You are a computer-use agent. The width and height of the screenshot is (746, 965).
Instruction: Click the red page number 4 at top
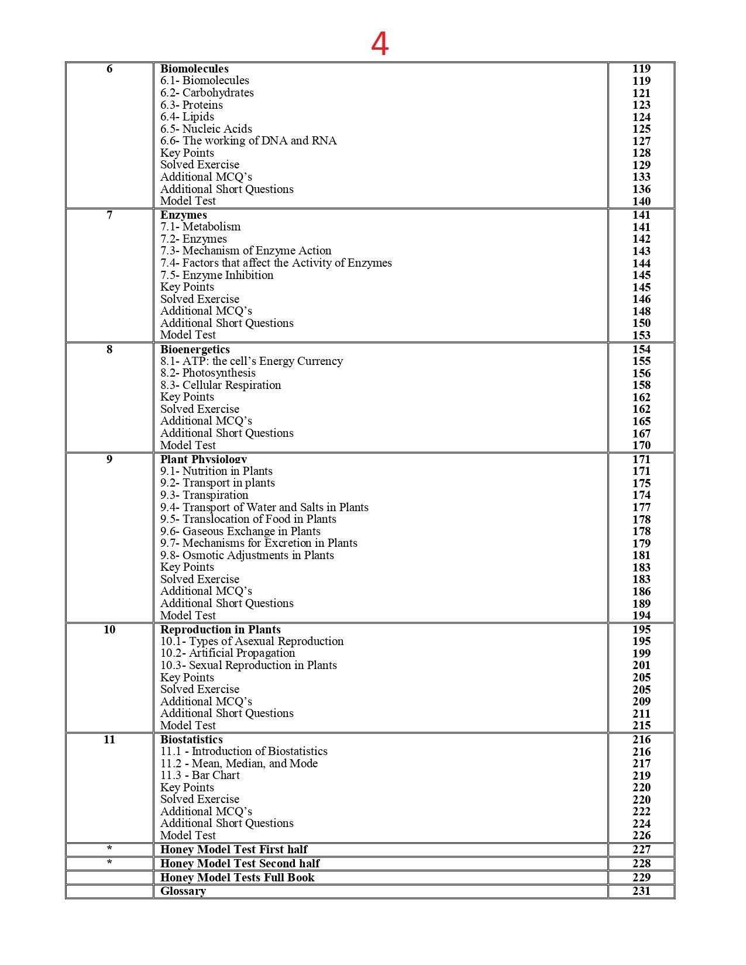click(x=380, y=44)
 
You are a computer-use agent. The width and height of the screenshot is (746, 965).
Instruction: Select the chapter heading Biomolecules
click(x=194, y=68)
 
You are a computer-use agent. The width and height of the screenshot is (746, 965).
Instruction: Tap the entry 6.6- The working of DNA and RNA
click(x=248, y=141)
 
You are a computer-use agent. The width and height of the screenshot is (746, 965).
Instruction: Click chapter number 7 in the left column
click(x=109, y=215)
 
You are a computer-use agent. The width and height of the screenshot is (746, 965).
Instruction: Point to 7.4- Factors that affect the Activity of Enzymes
click(x=276, y=263)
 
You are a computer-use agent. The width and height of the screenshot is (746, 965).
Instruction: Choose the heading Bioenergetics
click(x=195, y=349)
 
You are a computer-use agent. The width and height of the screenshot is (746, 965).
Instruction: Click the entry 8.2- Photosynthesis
click(x=208, y=373)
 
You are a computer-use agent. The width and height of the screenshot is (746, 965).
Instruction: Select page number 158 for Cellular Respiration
click(x=641, y=385)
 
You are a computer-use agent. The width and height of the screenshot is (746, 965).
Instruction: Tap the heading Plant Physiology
click(x=203, y=459)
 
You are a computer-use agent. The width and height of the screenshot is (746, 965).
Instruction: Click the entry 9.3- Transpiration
click(x=204, y=495)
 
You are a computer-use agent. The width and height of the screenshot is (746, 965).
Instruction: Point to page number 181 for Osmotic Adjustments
click(x=641, y=556)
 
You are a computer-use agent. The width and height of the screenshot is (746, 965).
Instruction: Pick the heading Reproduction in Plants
click(x=220, y=629)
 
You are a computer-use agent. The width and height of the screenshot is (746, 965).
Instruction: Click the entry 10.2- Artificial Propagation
click(x=228, y=653)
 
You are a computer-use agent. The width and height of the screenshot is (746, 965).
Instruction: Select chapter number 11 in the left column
click(x=109, y=740)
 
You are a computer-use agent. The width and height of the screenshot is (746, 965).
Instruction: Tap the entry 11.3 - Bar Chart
click(x=200, y=776)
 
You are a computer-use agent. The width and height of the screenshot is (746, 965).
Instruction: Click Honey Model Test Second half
click(x=240, y=864)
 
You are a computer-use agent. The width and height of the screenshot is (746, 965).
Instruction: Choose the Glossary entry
click(x=183, y=891)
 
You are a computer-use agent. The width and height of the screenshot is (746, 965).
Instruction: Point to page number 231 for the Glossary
click(x=641, y=891)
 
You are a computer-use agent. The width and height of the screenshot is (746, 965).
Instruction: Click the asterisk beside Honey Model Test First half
click(x=109, y=849)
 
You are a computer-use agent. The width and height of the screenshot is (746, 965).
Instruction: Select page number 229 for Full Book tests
click(x=641, y=877)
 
